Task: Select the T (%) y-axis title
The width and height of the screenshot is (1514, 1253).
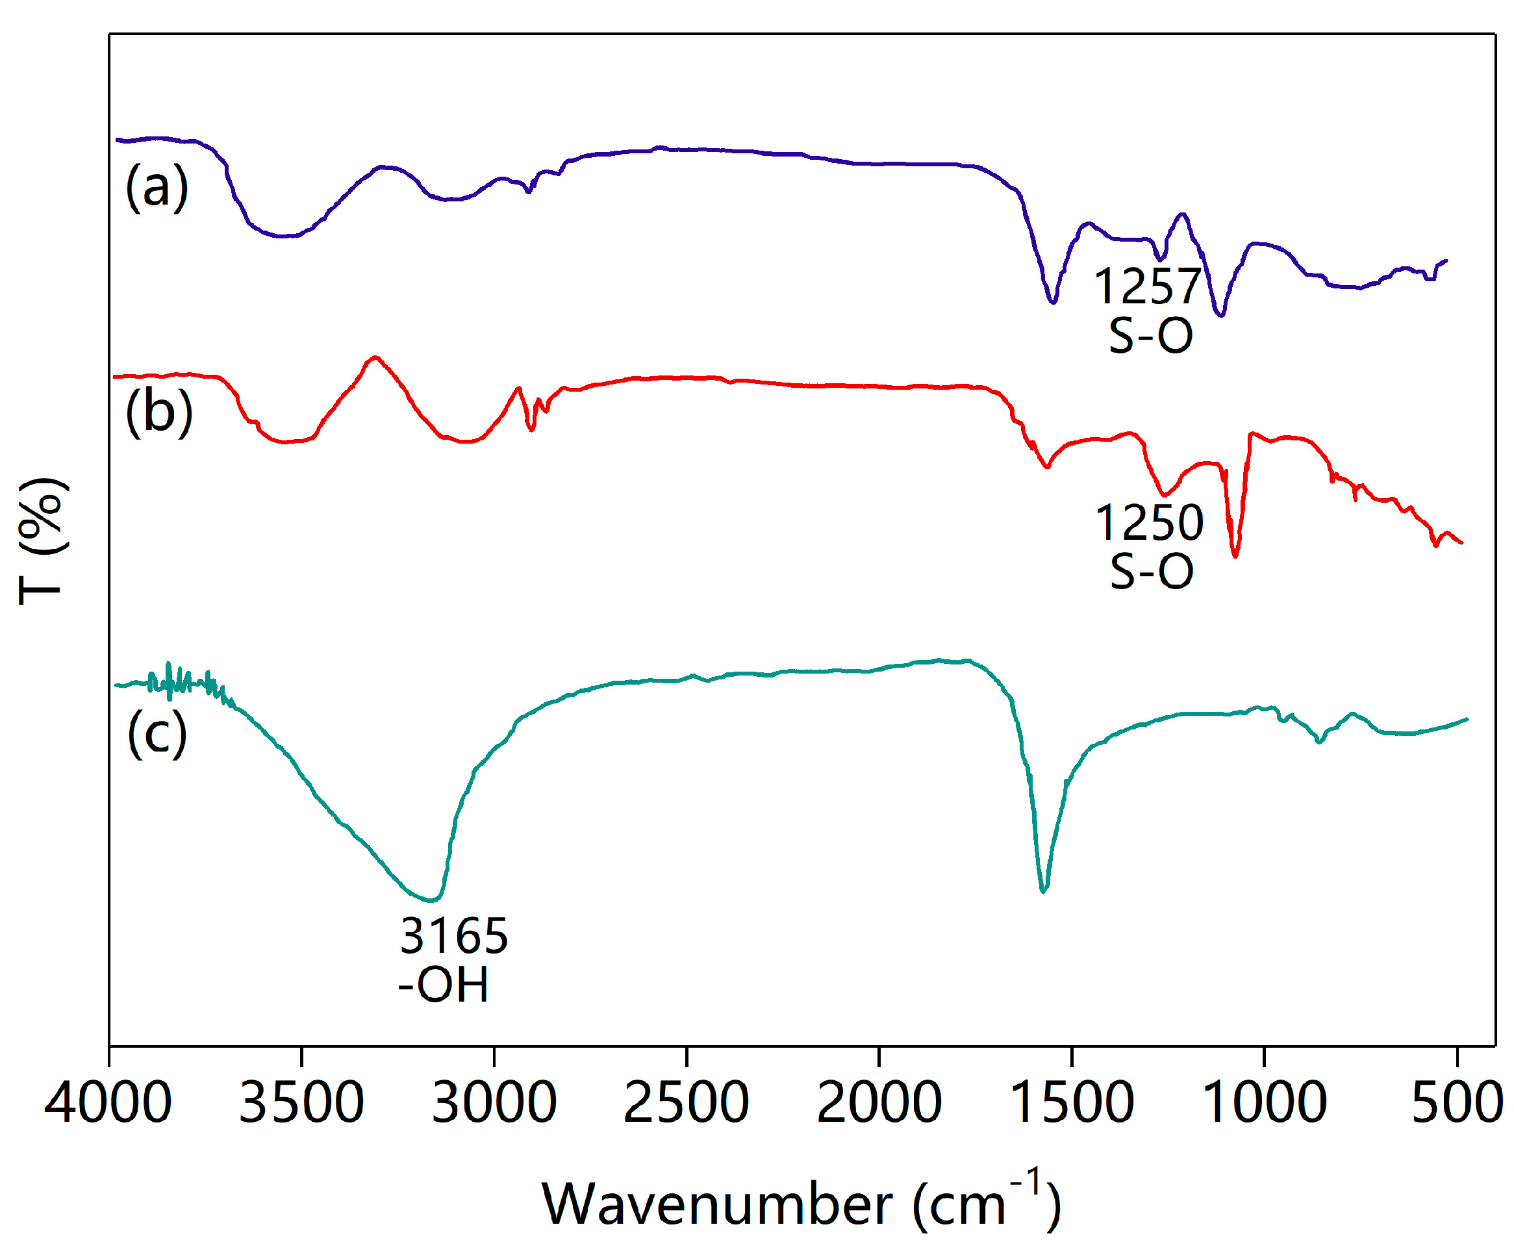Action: click(44, 540)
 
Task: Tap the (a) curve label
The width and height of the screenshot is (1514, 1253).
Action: click(157, 186)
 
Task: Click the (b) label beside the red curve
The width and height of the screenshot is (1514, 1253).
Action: click(159, 411)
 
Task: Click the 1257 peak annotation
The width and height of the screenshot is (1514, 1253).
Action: click(1148, 287)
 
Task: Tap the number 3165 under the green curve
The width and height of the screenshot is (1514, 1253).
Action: click(454, 936)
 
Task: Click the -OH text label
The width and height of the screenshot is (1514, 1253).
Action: click(444, 985)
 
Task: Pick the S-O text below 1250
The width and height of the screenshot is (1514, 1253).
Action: click(1152, 572)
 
